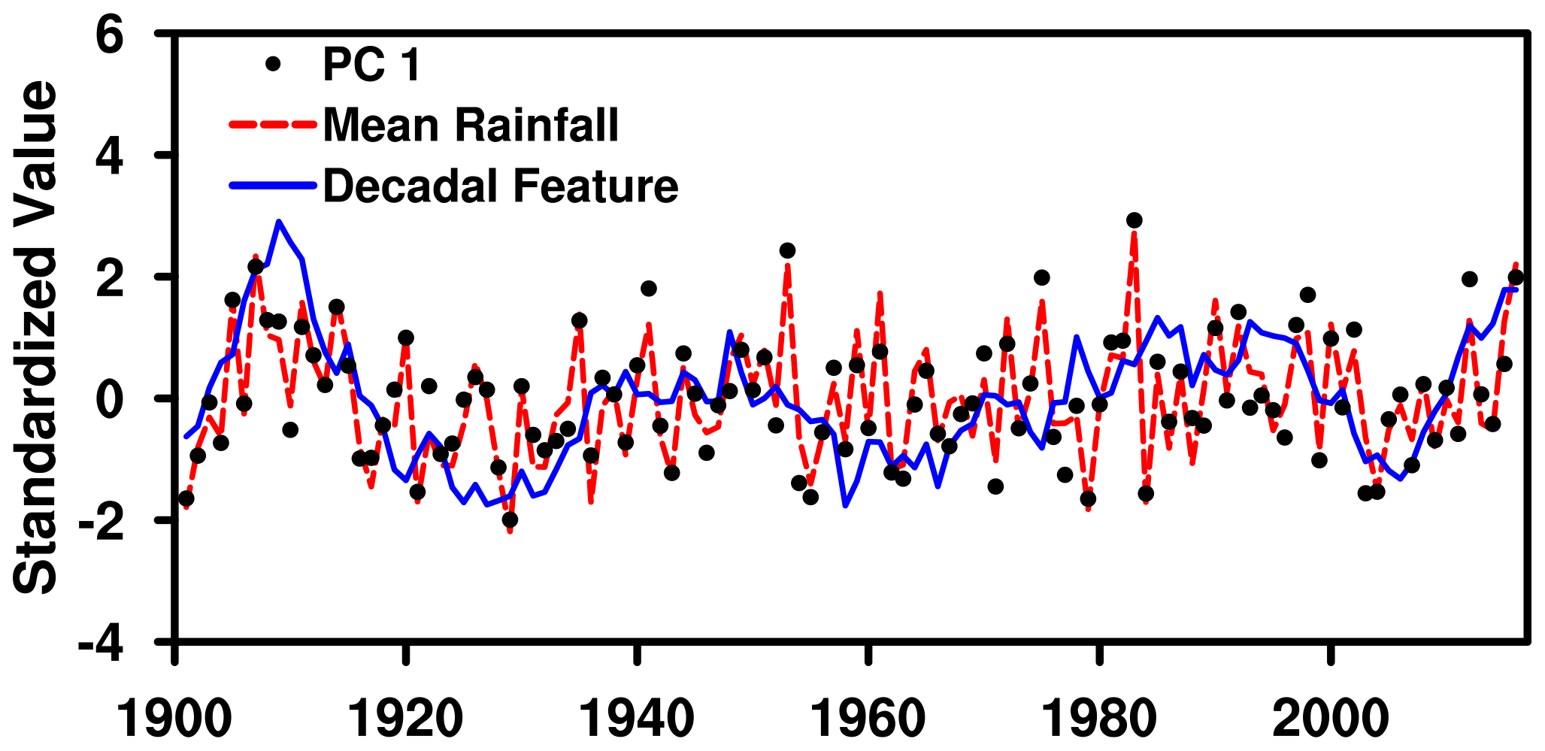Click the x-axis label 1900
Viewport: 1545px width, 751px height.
pos(175,718)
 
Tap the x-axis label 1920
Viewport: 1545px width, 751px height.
pos(406,718)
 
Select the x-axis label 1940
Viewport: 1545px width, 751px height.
pos(637,718)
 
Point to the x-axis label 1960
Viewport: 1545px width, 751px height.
pos(868,718)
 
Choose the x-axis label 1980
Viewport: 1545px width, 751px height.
pos(1099,718)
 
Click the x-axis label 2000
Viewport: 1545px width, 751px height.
pos(1330,718)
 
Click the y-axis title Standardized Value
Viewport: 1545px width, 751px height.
pos(36,337)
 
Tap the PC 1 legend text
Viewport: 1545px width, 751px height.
pos(371,65)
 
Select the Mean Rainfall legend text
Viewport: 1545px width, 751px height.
pos(471,125)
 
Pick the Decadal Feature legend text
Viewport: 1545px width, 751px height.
pos(501,186)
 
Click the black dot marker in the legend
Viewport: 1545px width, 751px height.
pos(273,65)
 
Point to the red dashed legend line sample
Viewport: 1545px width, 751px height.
pos(271,125)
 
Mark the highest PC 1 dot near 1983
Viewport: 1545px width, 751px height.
pos(1135,220)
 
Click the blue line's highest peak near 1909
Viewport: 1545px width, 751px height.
pos(279,223)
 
